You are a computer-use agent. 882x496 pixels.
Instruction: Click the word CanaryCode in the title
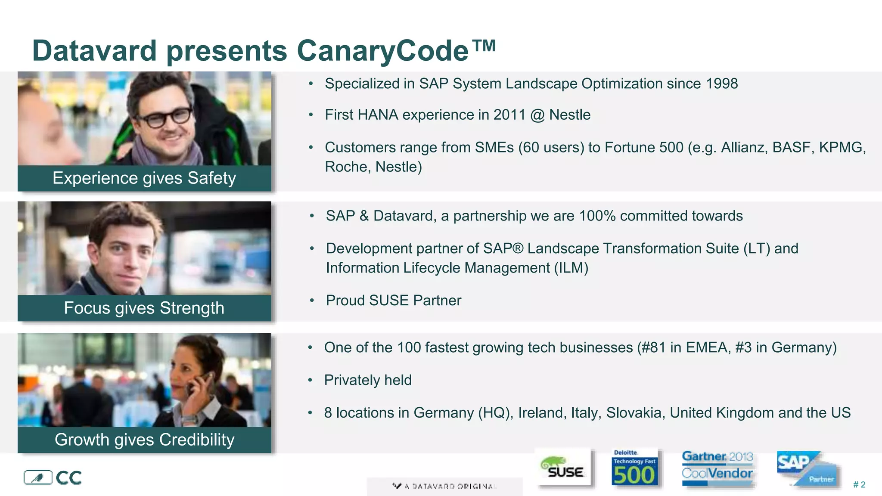(382, 51)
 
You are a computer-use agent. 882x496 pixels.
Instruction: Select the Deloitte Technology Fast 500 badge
(634, 468)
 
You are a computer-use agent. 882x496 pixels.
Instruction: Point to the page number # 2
(859, 485)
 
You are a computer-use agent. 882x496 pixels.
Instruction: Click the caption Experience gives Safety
(144, 178)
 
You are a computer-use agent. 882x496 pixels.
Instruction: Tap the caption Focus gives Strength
(144, 308)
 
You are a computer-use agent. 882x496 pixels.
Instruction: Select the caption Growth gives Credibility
(144, 440)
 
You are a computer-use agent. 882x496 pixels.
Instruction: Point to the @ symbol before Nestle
(537, 115)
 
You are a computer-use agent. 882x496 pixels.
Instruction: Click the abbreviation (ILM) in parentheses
(571, 268)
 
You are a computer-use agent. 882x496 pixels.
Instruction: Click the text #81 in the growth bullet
(653, 347)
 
